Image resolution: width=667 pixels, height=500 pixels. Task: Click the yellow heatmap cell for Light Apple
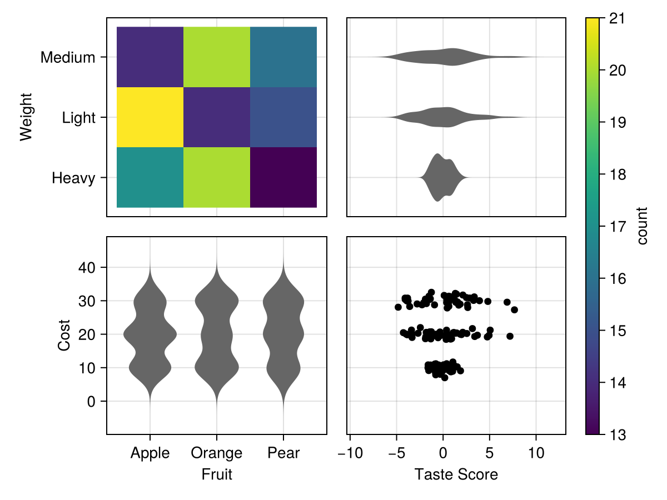pyautogui.click(x=150, y=117)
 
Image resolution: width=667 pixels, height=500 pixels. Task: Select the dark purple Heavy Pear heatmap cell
pyautogui.click(x=283, y=177)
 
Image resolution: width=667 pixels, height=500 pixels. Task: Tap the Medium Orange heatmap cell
pyautogui.click(x=217, y=57)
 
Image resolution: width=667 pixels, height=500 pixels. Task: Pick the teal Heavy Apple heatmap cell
pyautogui.click(x=150, y=177)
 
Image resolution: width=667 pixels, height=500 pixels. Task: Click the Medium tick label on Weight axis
pyautogui.click(x=68, y=57)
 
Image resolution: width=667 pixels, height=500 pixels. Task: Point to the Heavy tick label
pyautogui.click(x=73, y=178)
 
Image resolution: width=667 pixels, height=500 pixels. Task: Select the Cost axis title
pyautogui.click(x=64, y=334)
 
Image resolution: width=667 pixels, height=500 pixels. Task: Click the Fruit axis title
pyautogui.click(x=217, y=474)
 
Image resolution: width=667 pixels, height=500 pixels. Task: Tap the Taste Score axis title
pyautogui.click(x=456, y=474)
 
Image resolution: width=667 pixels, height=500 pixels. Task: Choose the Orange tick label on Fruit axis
pyautogui.click(x=217, y=453)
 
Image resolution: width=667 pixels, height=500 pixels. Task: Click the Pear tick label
pyautogui.click(x=283, y=453)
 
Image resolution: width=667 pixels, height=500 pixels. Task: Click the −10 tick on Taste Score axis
pyautogui.click(x=350, y=453)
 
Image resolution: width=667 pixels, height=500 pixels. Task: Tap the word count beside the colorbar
pyautogui.click(x=643, y=226)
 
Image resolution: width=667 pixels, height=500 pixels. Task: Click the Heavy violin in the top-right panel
pyautogui.click(x=443, y=177)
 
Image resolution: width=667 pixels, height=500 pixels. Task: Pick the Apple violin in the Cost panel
pyautogui.click(x=150, y=334)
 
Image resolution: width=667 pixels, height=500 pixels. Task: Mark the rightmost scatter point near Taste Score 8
pyautogui.click(x=514, y=309)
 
